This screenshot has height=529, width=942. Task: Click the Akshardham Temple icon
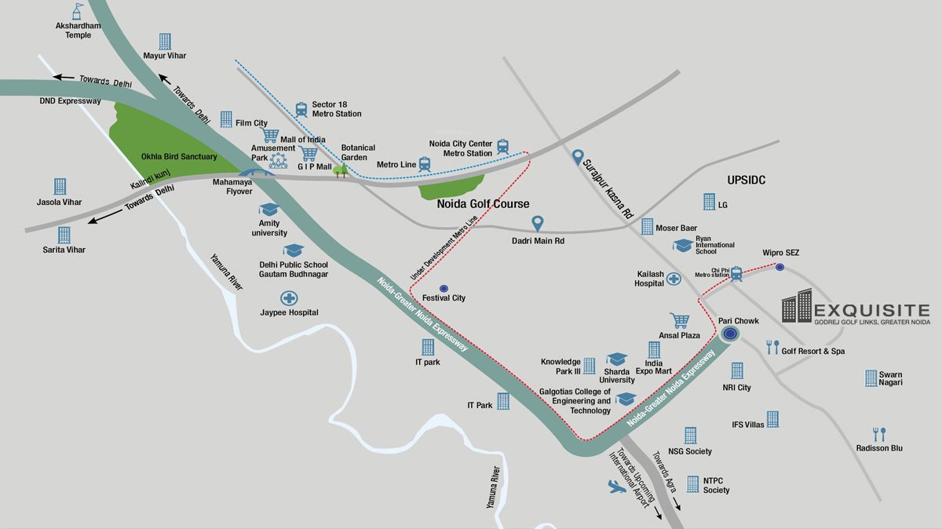[77, 11]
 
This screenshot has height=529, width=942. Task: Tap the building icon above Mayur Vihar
[165, 41]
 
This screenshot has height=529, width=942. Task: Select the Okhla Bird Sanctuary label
[179, 157]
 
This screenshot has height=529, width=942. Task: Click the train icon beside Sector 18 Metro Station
[301, 110]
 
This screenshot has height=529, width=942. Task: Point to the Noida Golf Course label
[483, 204]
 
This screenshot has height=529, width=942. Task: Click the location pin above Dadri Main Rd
[538, 224]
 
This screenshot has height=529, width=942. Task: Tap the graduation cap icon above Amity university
[269, 210]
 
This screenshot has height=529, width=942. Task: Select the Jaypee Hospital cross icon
[290, 298]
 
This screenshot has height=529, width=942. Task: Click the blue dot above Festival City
[444, 288]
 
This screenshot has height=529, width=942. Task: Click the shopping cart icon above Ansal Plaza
[679, 320]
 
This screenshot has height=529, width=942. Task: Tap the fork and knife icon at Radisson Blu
[879, 434]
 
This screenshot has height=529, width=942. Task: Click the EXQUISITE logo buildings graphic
[797, 305]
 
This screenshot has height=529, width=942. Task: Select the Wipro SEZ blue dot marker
[780, 267]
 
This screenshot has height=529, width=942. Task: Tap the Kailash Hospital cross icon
[674, 279]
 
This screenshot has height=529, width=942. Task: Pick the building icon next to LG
[710, 201]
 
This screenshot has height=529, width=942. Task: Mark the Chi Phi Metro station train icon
[737, 273]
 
